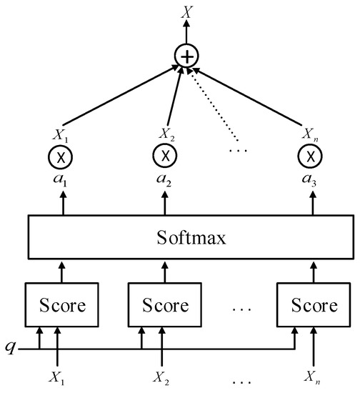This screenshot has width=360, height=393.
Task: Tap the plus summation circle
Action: (x=186, y=56)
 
